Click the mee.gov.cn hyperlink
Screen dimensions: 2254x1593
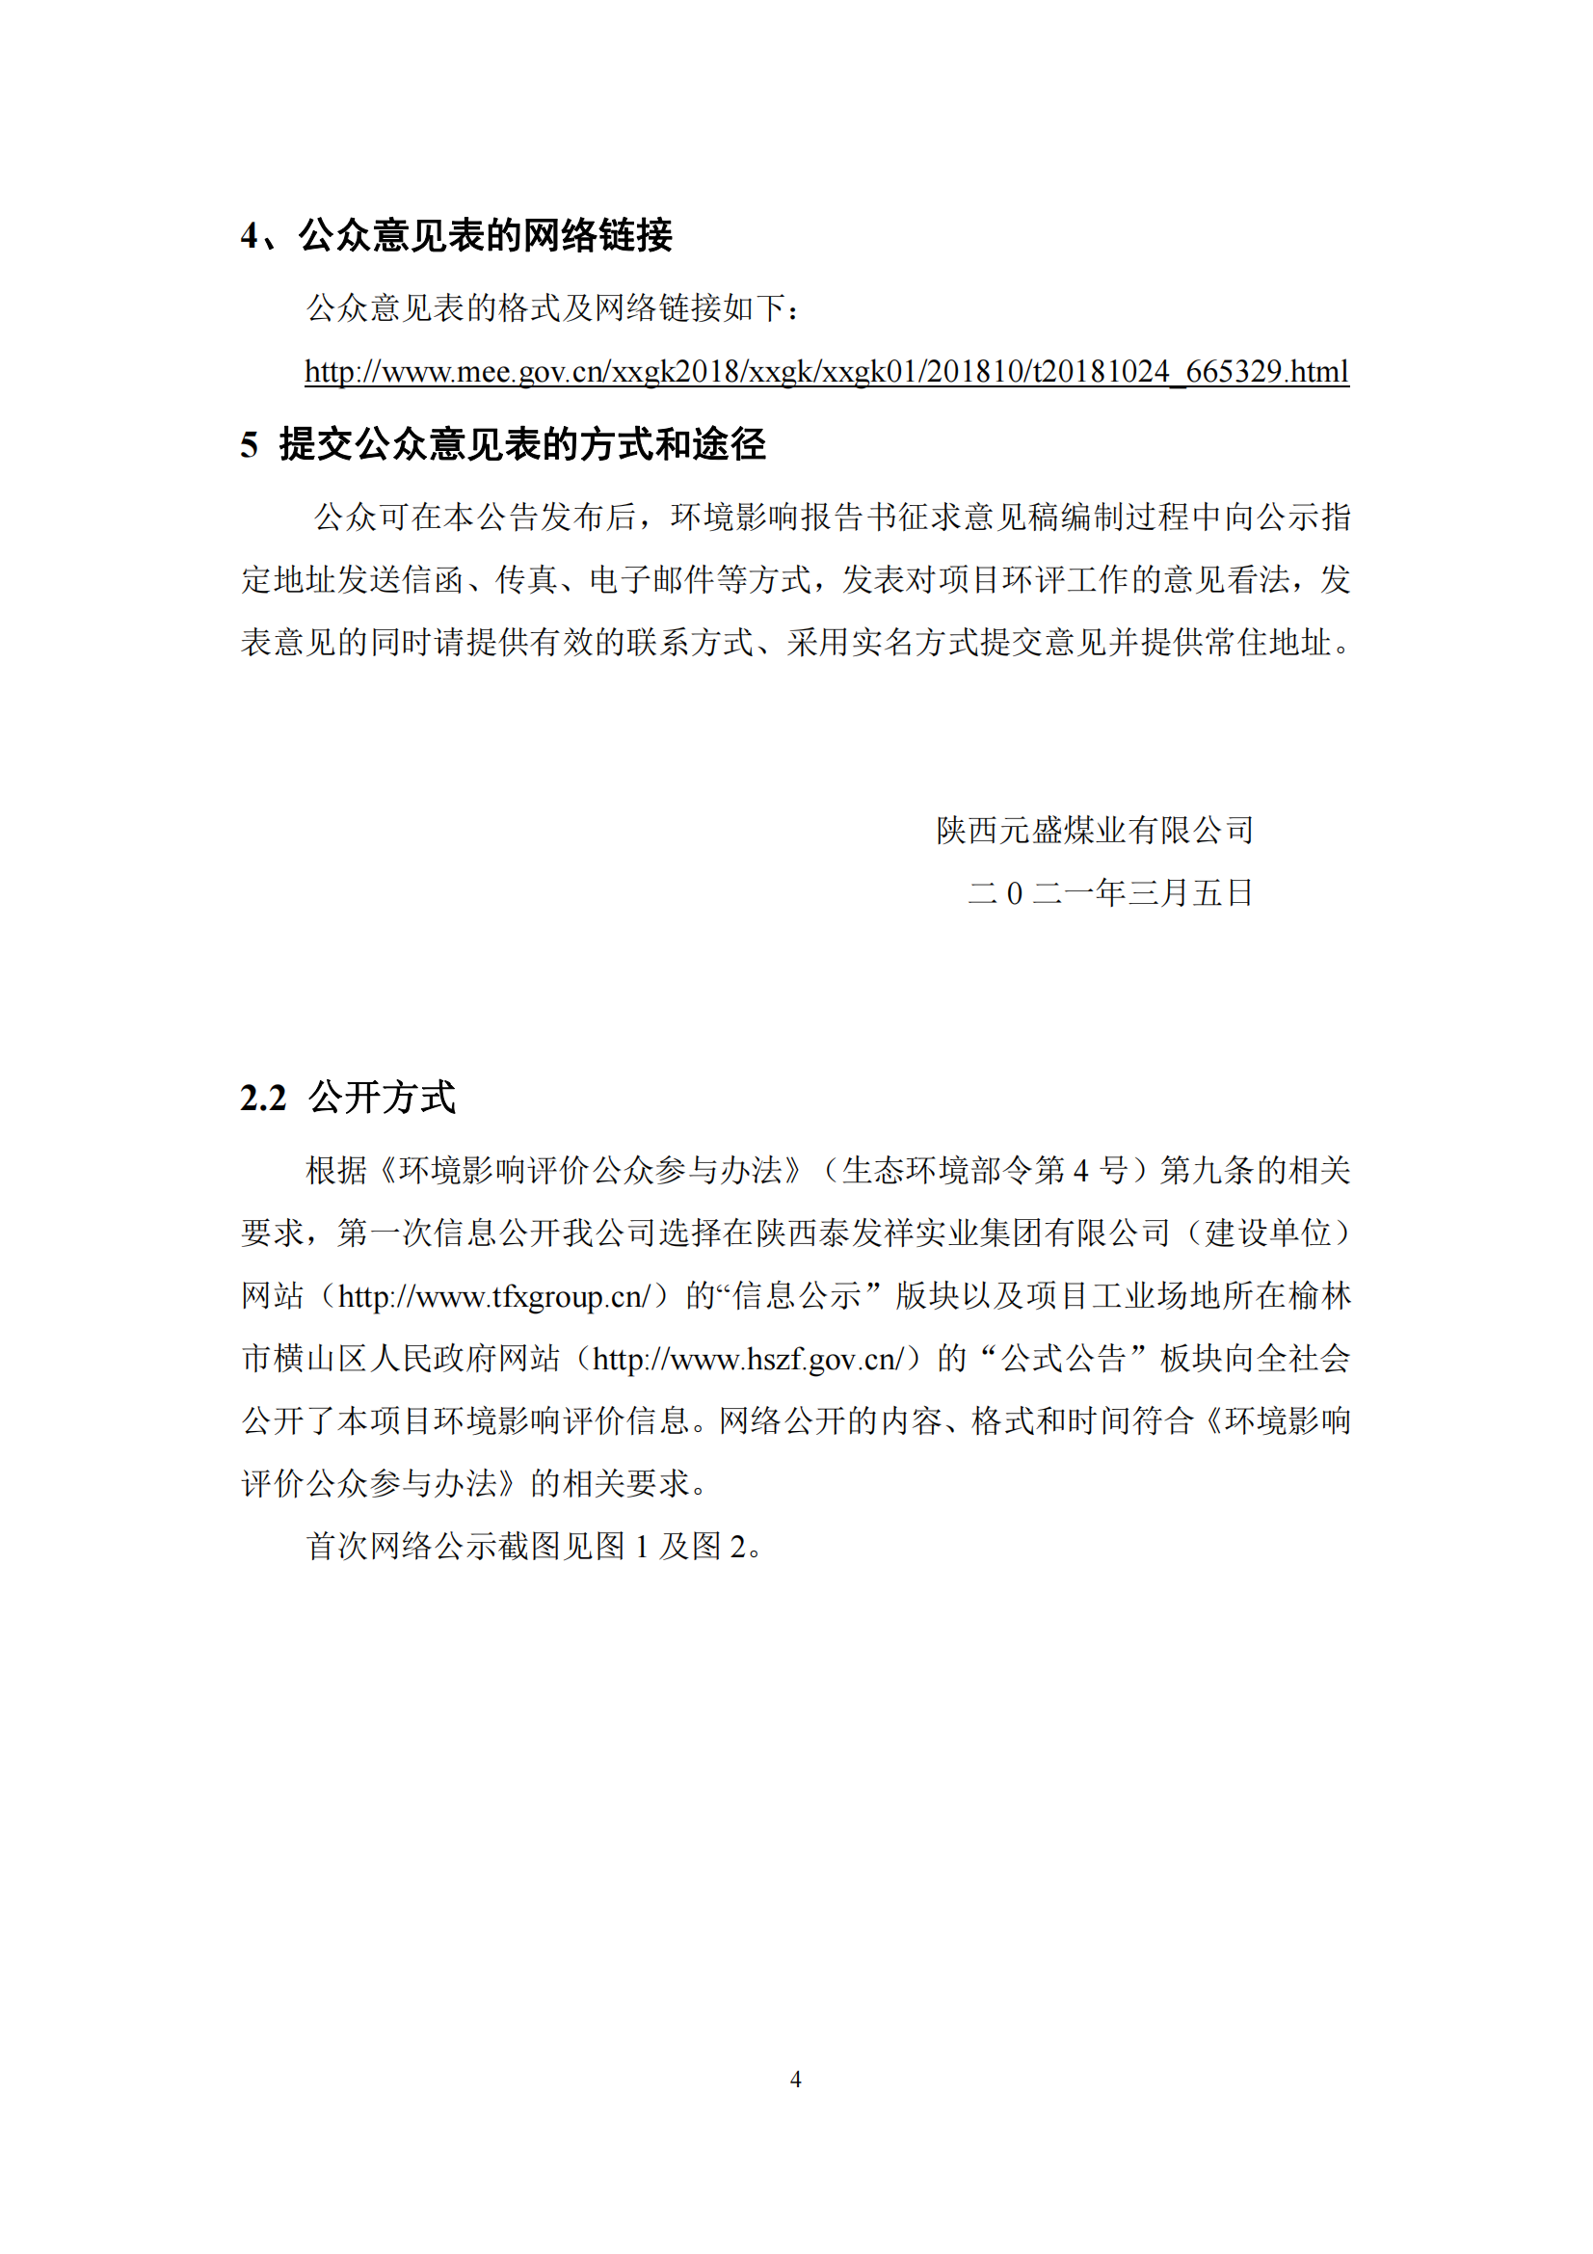pos(827,372)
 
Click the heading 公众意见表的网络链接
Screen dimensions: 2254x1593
pos(485,235)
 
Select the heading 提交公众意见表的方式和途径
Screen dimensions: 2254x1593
pos(522,444)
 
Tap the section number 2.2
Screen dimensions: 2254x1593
pos(263,1098)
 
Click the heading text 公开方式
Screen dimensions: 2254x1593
pos(382,1098)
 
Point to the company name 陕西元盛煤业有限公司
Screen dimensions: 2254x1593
pos(1095,831)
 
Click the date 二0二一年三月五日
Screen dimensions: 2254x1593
pos(1110,892)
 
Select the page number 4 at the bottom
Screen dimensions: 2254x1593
pos(796,2079)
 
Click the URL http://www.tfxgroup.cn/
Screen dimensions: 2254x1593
pos(494,1297)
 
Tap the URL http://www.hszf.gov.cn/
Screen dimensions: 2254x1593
pos(748,1360)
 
